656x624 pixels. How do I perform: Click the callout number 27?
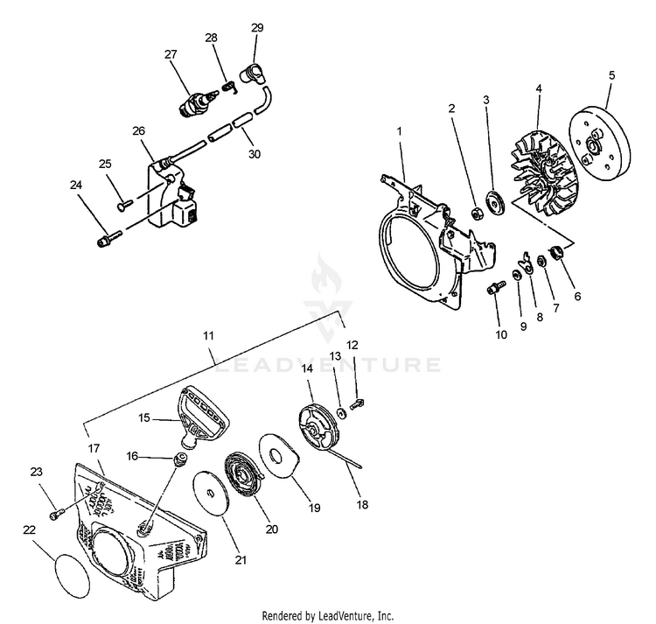click(170, 54)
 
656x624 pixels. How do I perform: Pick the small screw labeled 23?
click(56, 511)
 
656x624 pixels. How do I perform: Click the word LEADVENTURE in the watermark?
click(329, 364)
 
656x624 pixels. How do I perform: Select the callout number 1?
click(399, 130)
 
